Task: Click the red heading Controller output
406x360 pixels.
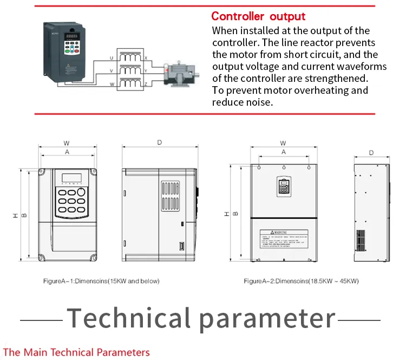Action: (258, 16)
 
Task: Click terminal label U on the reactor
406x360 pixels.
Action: (112, 57)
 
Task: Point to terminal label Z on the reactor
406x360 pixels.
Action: (145, 83)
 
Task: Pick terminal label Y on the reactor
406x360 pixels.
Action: (145, 70)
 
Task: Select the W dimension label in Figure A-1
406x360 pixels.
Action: (67, 143)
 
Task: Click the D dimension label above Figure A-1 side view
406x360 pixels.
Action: (159, 143)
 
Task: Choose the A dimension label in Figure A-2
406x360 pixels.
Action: (283, 153)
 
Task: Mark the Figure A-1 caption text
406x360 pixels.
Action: (101, 281)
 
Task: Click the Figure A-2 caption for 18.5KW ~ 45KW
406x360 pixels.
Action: (301, 281)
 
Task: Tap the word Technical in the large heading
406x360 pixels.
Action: (129, 318)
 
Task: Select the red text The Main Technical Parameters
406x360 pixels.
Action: (76, 352)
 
